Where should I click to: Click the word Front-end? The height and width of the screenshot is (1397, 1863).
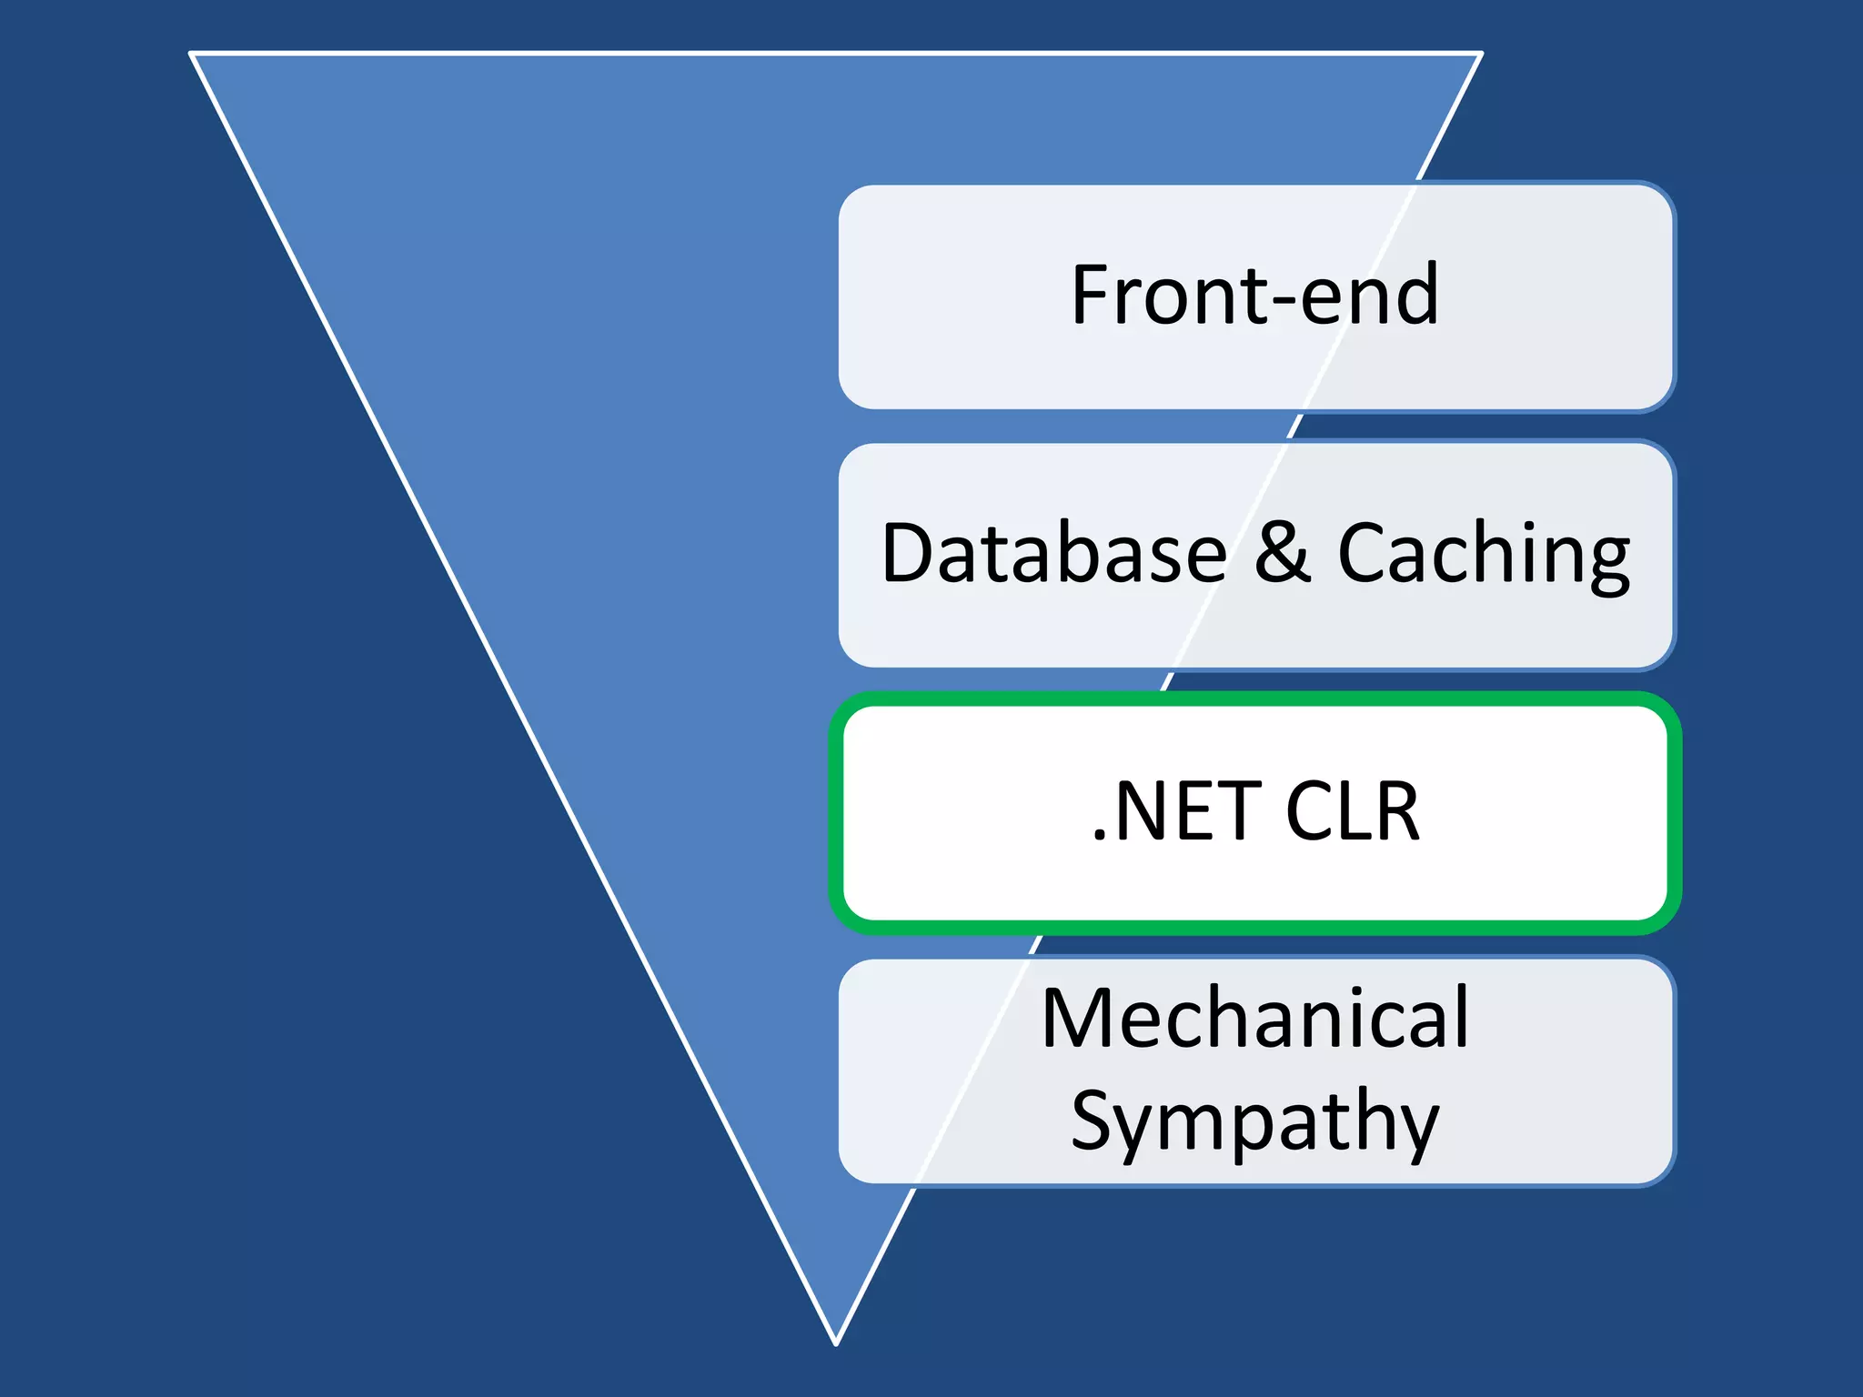[x=1255, y=295]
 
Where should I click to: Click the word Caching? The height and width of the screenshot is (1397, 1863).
[x=1483, y=555]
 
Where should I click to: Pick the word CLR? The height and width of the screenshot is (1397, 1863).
[x=1352, y=811]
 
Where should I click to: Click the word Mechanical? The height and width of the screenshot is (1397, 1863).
[x=1255, y=1019]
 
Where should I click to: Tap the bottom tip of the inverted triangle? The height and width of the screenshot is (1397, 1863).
[x=836, y=1342]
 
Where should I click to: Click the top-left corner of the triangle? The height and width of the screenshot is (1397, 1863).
[x=192, y=55]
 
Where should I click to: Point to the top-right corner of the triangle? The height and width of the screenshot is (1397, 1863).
[x=1481, y=55]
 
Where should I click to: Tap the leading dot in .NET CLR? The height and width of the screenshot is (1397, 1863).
[x=1100, y=835]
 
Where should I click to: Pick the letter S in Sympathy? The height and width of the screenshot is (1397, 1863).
[x=1093, y=1121]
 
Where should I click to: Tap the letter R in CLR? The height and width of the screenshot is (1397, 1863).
[x=1396, y=811]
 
